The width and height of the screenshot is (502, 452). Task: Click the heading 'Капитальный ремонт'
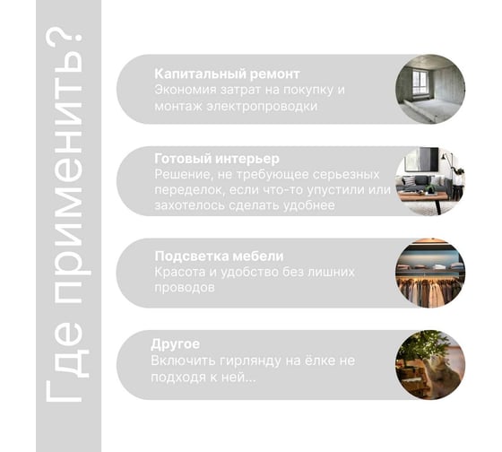tap(227, 74)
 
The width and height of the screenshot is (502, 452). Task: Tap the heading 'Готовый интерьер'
tap(217, 159)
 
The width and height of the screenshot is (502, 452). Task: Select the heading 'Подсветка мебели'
tap(219, 256)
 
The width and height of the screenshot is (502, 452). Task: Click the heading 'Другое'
tap(175, 344)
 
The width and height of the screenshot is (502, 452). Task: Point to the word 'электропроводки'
tap(262, 107)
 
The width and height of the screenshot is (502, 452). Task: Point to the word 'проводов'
tap(185, 288)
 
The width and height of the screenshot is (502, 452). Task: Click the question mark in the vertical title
tap(63, 40)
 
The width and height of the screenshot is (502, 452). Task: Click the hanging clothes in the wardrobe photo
tap(428, 291)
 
